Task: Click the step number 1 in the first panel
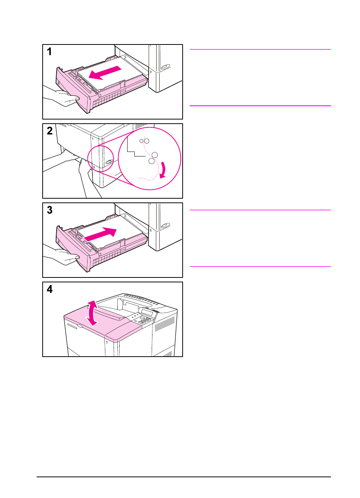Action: (49, 52)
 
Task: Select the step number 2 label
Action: (49, 131)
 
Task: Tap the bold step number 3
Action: (49, 210)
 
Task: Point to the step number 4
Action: (49, 289)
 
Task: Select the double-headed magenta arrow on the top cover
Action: (92, 313)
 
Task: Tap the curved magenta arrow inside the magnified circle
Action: (163, 170)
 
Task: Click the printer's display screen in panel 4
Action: (147, 313)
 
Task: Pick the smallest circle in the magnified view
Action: (142, 141)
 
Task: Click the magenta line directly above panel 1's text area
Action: (260, 49)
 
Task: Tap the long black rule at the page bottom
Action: (183, 477)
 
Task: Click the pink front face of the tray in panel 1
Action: (72, 90)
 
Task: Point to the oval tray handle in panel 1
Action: (165, 67)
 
